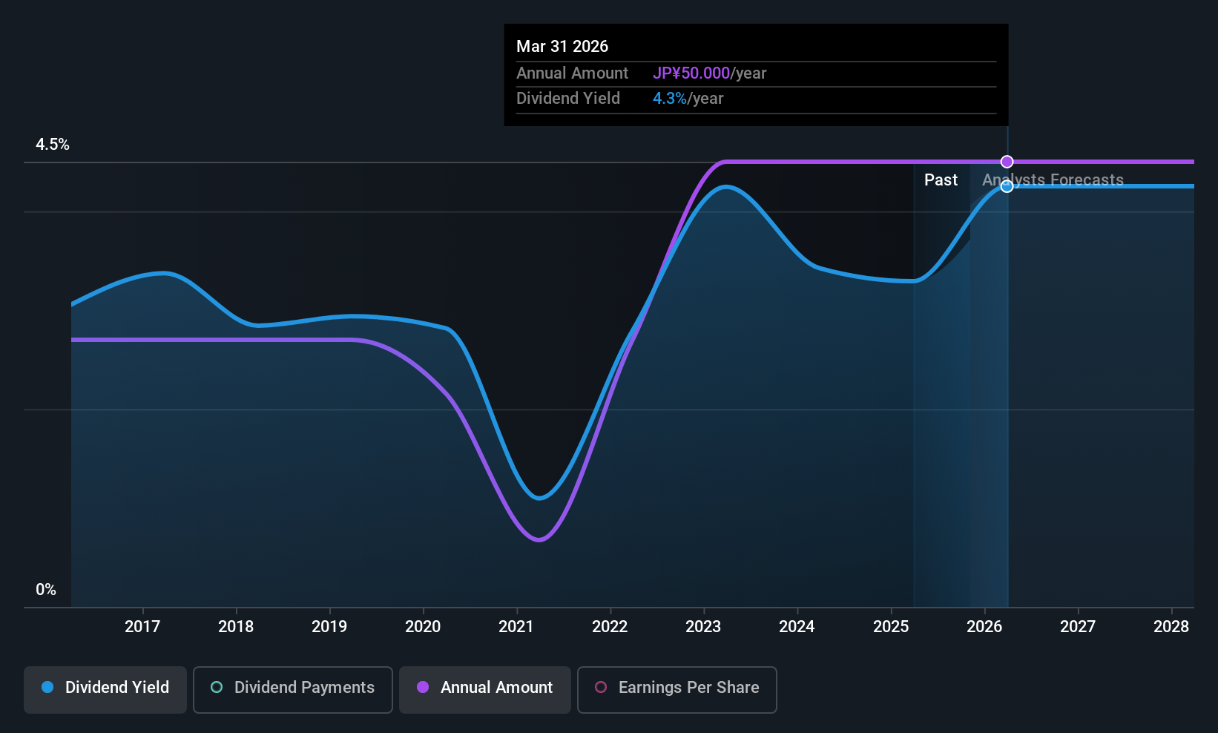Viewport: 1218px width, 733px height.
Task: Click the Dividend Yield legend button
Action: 105,688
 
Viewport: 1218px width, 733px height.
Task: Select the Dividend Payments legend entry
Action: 292,688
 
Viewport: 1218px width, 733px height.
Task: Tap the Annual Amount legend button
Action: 485,688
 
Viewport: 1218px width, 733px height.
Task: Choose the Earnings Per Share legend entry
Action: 677,688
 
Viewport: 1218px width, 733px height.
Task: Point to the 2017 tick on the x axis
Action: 142,627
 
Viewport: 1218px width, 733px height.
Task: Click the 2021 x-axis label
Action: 516,627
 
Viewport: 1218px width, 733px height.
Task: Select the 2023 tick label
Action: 703,627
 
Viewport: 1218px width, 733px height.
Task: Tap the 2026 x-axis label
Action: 984,627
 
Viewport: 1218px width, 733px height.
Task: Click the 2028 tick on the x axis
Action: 1171,627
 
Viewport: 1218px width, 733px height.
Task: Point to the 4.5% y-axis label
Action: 53,145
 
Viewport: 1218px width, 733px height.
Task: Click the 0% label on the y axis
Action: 46,590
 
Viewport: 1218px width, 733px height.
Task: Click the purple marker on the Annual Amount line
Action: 1007,162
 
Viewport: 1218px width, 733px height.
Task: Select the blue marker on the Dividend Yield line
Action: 1007,186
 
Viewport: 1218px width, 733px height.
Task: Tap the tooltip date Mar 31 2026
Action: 562,47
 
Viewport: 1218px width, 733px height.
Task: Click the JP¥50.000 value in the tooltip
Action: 691,73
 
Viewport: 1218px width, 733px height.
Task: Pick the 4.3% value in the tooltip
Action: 670,99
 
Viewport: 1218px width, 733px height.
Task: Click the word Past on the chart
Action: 941,180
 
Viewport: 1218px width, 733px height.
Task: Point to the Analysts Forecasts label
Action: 1053,180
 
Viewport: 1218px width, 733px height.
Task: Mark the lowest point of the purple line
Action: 539,539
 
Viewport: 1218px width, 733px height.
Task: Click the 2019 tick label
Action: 329,627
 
